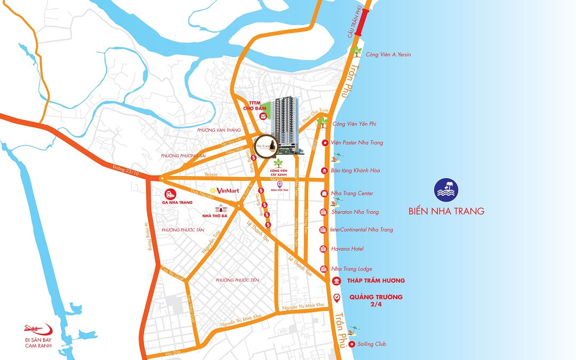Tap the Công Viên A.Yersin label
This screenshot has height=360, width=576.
388,55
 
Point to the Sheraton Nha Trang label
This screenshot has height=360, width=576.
355,212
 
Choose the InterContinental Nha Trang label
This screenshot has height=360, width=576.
362,230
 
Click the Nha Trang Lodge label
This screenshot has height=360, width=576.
351,269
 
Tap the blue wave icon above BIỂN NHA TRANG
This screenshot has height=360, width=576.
446,190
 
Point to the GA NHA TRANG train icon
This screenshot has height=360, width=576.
169,194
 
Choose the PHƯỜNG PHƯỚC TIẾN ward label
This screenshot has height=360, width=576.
237,280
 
